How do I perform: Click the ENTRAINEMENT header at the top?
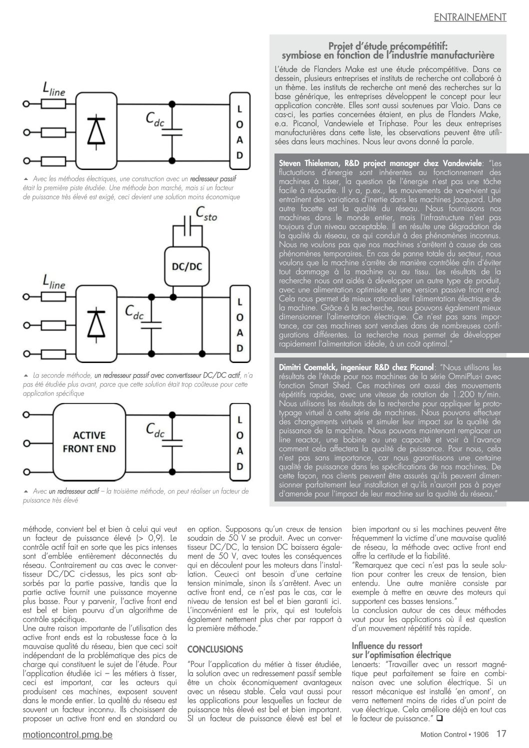point(470,17)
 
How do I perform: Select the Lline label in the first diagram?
point(54,89)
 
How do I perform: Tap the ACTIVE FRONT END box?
point(89,441)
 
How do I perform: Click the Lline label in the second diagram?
point(54,282)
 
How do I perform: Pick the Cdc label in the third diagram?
point(155,429)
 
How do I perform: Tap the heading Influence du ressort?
point(387,645)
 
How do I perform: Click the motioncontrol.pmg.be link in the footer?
point(67,734)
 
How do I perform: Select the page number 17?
point(501,733)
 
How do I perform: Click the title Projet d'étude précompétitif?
point(387,46)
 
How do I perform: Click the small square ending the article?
point(440,718)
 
